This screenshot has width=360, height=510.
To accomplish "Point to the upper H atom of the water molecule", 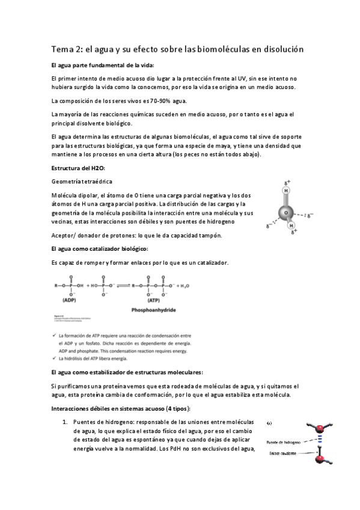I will coord(287,191).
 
